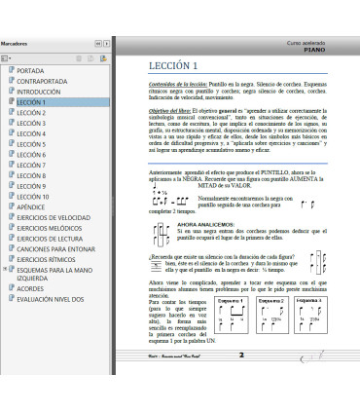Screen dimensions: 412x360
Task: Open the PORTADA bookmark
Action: point(30,71)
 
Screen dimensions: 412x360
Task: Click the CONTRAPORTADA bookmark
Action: point(43,81)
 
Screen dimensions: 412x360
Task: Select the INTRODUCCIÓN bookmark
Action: point(39,92)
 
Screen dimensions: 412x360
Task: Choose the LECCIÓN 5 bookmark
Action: point(31,144)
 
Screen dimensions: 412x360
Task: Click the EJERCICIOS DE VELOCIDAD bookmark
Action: point(54,217)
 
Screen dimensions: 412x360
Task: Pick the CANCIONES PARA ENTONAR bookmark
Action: point(55,248)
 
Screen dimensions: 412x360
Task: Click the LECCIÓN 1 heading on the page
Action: point(176,66)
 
